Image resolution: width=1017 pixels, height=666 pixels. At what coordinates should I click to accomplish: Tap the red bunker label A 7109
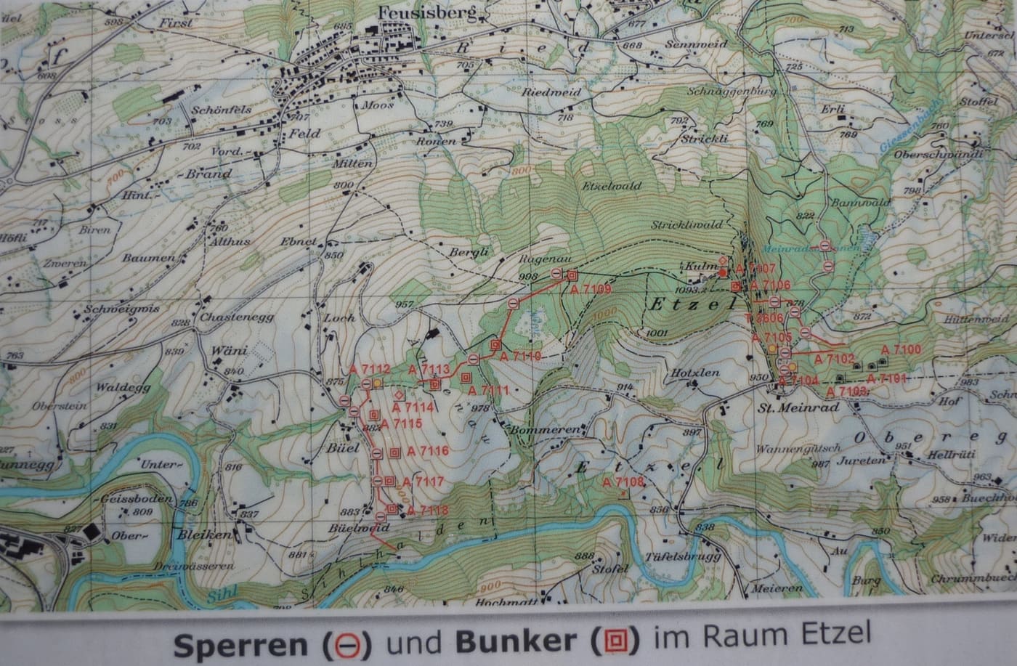pos(593,289)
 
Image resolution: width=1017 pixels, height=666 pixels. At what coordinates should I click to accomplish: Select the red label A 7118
pos(427,511)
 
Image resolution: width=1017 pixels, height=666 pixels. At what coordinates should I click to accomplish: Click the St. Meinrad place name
pos(798,407)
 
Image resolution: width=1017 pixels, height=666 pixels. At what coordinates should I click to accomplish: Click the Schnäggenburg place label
pos(731,94)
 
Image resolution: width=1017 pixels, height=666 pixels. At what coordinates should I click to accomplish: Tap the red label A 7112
pos(370,369)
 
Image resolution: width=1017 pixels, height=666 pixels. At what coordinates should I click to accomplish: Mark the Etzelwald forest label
pos(612,186)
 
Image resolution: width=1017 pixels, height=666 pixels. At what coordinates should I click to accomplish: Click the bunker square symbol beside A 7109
pos(572,275)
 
